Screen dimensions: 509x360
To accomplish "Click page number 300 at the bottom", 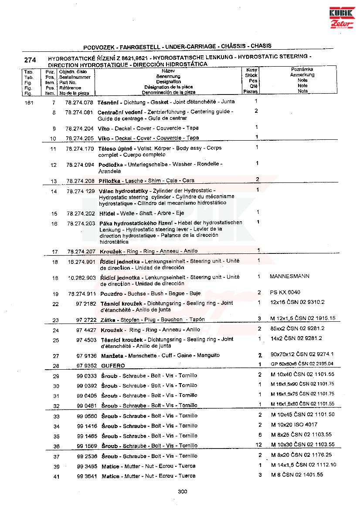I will point(183,492).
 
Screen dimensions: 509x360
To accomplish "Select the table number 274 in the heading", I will point(30,60).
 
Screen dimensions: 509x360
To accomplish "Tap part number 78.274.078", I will point(79,102).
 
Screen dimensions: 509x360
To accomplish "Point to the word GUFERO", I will point(113,366).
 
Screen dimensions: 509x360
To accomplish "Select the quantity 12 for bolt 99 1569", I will point(259,445).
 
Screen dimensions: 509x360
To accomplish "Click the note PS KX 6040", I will point(285,292).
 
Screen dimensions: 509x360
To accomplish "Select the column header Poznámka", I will point(302,69).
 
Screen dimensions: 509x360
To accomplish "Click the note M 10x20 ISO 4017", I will point(294,425).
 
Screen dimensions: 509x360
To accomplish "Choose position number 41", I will point(56,477).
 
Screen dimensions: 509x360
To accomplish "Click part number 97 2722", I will point(86,320).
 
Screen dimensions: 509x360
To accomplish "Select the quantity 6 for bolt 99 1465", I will point(260,435).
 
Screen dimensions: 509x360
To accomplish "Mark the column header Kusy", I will point(251,70).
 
